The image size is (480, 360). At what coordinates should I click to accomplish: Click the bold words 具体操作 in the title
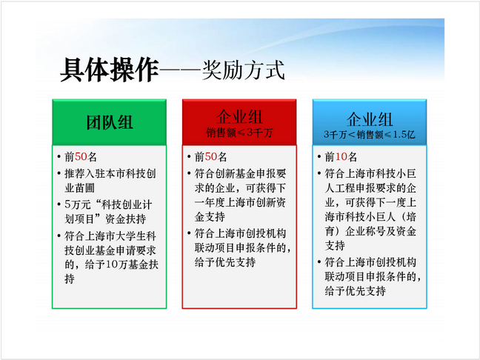(110, 70)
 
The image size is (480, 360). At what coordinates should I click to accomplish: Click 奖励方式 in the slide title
(244, 70)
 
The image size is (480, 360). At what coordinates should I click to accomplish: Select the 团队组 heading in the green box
(110, 122)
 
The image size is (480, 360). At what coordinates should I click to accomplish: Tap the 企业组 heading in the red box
(239, 116)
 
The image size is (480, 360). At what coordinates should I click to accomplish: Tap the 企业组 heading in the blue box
(370, 119)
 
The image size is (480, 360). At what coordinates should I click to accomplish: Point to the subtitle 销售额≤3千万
(239, 133)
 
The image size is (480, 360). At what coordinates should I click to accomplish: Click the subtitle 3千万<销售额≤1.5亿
(370, 134)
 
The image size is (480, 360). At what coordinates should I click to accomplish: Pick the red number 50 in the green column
(81, 157)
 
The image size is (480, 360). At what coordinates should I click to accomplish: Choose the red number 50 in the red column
(211, 157)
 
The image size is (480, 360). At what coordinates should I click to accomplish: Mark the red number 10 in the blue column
(341, 157)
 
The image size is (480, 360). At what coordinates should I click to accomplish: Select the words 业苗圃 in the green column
(79, 188)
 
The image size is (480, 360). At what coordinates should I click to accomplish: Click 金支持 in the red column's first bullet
(210, 217)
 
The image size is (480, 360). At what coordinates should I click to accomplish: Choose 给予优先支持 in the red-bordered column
(225, 262)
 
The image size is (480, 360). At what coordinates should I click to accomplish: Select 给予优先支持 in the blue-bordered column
(355, 291)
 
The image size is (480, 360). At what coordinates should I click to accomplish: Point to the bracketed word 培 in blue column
(411, 217)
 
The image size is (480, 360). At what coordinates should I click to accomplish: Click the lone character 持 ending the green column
(70, 279)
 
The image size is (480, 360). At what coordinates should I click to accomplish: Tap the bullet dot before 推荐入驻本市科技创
(59, 173)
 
